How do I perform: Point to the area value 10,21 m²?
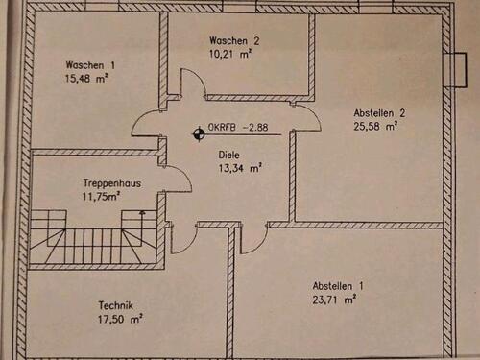[x=231, y=55]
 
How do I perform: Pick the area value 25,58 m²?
[x=375, y=128]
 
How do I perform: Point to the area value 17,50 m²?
[x=118, y=320]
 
